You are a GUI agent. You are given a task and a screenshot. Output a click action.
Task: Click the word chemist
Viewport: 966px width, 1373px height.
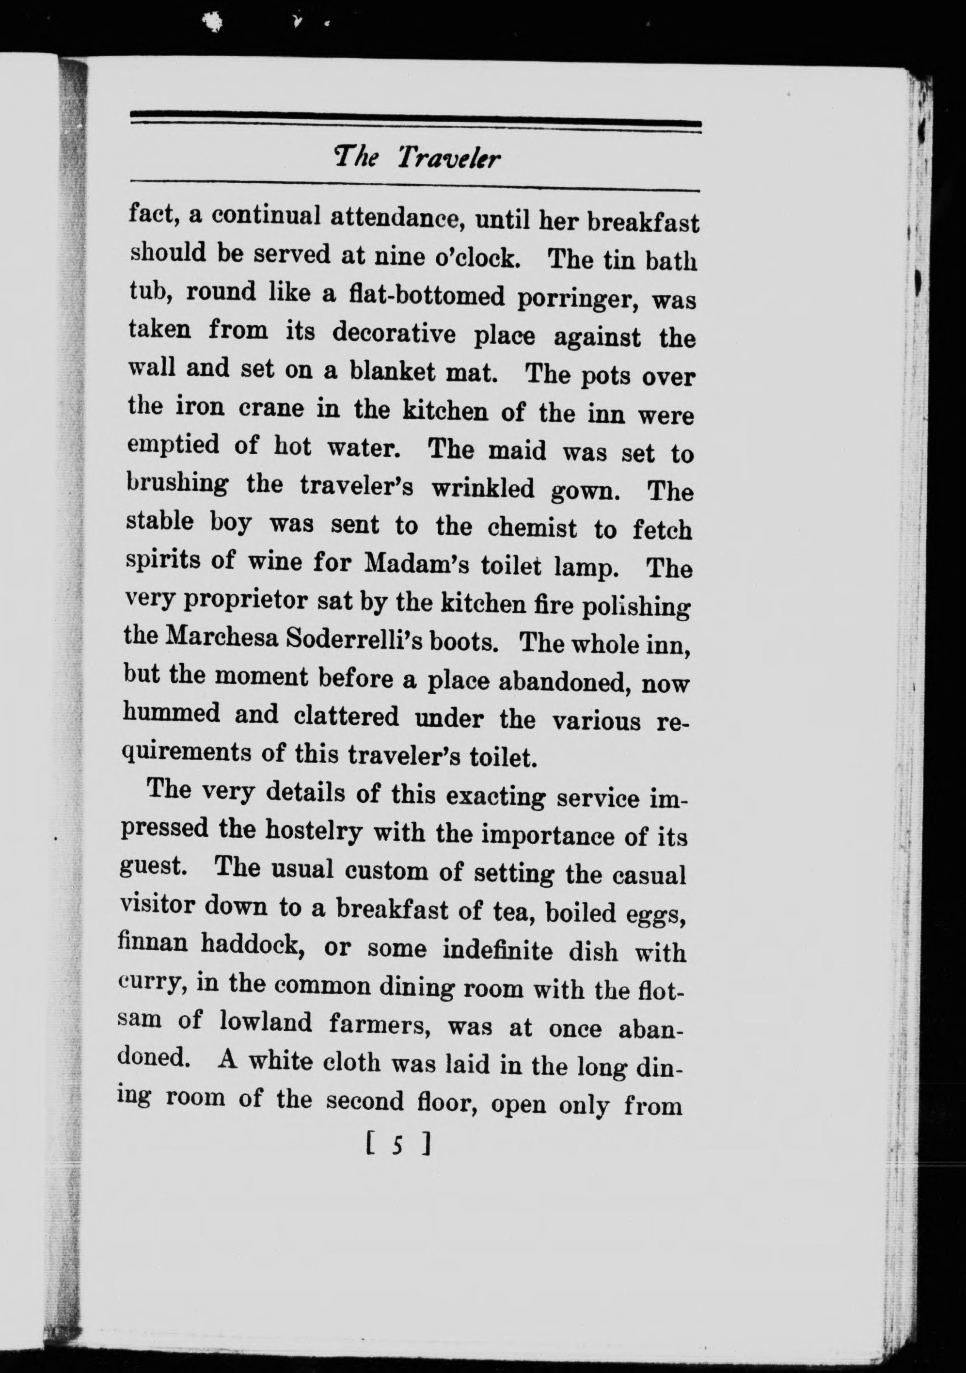point(532,527)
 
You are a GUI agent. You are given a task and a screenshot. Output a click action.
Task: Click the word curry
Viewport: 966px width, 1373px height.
point(150,983)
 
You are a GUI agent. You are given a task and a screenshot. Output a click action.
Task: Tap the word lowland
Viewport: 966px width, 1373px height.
point(266,1022)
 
